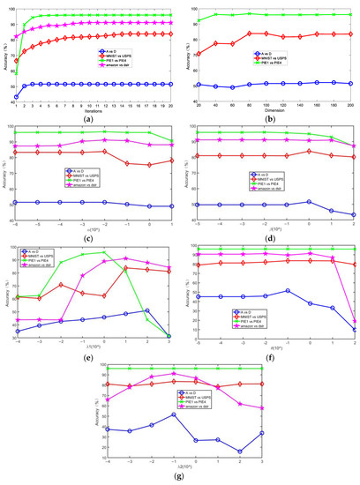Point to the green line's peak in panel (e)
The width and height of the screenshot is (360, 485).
[x=104, y=253]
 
